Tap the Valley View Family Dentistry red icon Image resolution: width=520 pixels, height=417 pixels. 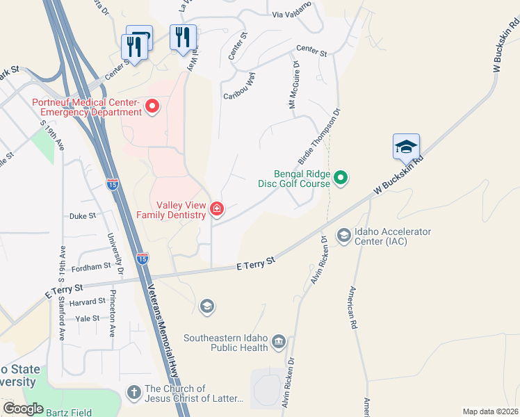[x=216, y=208]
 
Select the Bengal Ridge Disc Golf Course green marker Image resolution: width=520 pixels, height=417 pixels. [x=341, y=179]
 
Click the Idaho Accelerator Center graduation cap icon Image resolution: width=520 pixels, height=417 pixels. [x=343, y=236]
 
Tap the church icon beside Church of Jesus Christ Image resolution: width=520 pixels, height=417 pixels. [x=133, y=393]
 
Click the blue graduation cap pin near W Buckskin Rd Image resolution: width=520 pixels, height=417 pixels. [x=406, y=147]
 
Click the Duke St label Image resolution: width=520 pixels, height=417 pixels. [x=83, y=216]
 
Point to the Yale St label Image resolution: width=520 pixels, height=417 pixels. [x=88, y=318]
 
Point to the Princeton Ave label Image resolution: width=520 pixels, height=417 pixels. [x=112, y=313]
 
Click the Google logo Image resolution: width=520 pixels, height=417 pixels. [x=24, y=409]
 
